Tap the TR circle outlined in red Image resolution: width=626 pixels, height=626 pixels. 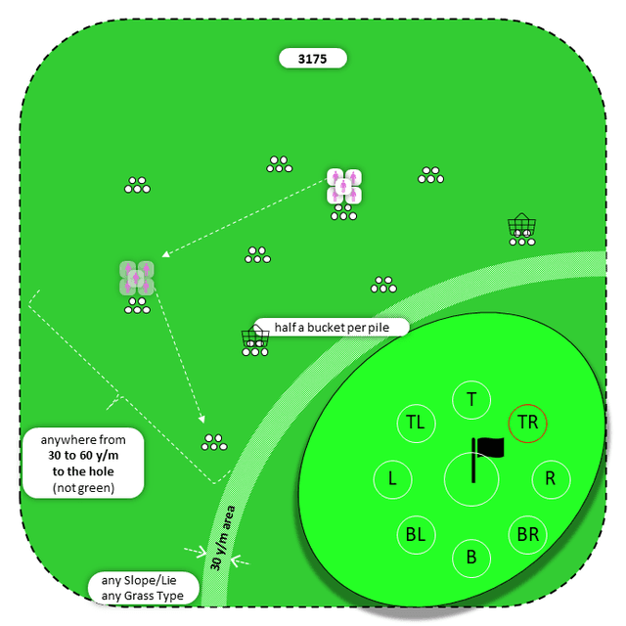point(528,423)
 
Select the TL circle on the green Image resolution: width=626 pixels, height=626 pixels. point(416,423)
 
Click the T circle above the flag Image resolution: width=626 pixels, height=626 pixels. point(471,399)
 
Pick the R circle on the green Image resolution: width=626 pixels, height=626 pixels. point(551,479)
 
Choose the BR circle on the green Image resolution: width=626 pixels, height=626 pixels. point(528,535)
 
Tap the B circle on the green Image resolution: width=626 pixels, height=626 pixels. point(471,558)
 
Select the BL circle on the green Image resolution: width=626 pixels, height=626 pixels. point(416,535)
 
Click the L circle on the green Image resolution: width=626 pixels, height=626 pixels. point(392,479)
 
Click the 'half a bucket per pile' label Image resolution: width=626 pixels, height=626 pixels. point(331,327)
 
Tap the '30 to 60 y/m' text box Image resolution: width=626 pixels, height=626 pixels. point(83,464)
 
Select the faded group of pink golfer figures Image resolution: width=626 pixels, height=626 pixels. point(137,278)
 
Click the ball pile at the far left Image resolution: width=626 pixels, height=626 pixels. point(137,185)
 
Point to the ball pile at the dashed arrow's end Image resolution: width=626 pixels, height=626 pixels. point(214,442)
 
